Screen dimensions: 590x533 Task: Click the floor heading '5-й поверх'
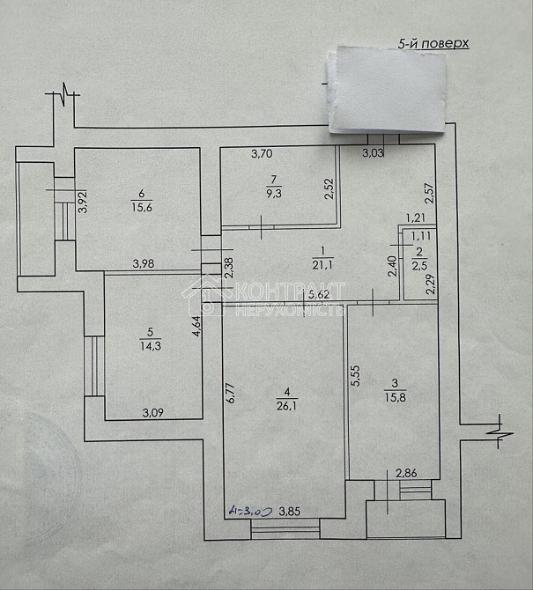tap(433, 42)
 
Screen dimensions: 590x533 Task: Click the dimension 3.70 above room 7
tap(262, 155)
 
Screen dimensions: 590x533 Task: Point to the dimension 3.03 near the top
tap(374, 155)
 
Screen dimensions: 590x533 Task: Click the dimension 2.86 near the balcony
tap(406, 473)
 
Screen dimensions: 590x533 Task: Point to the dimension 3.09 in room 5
tap(155, 410)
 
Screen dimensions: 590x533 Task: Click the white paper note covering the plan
tap(387, 91)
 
